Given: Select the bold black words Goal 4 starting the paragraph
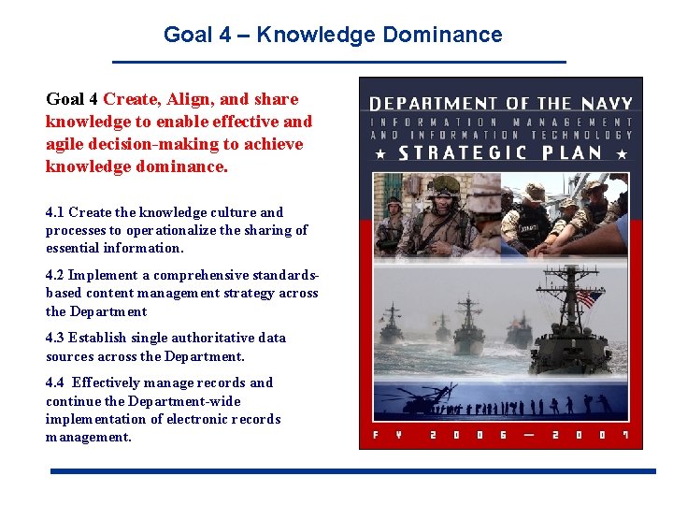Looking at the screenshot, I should (x=72, y=99).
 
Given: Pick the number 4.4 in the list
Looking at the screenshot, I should (x=55, y=382).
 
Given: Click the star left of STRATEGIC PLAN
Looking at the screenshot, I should (x=380, y=152).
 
